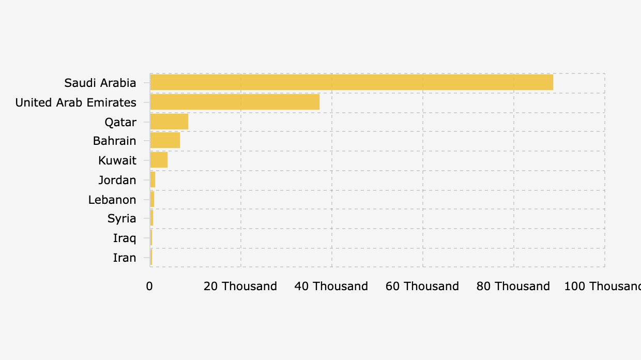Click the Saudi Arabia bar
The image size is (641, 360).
click(352, 83)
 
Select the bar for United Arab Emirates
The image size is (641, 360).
click(235, 102)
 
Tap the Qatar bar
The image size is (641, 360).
click(169, 122)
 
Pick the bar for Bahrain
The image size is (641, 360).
click(165, 141)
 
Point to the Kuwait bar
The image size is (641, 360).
click(159, 160)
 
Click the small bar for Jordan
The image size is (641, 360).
click(152, 180)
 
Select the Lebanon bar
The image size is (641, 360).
click(152, 200)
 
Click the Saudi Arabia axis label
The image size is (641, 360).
click(100, 83)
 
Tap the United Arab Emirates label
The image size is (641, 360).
click(76, 102)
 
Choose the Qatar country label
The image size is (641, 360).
click(120, 122)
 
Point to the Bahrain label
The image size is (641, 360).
click(115, 141)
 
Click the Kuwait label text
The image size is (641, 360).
click(117, 160)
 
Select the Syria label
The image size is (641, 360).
click(122, 218)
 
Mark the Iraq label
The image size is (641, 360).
click(125, 238)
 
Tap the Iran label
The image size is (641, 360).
click(125, 258)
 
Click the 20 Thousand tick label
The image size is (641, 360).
click(240, 286)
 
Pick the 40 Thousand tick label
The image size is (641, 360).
click(331, 286)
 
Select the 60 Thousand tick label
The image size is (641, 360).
click(422, 286)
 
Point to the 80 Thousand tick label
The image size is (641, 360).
click(513, 286)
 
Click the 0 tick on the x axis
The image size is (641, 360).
click(150, 286)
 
